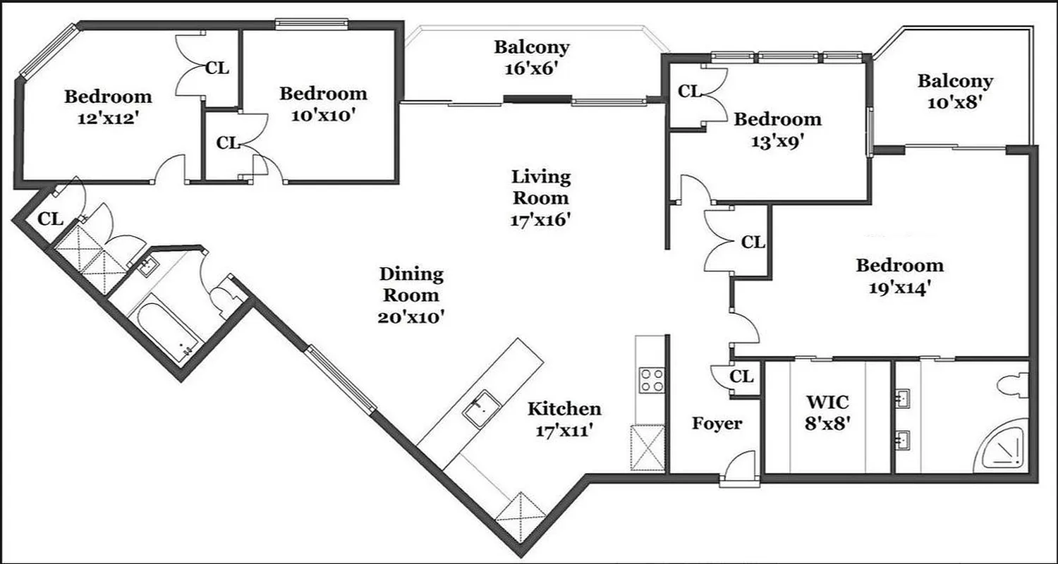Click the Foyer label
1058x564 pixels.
click(717, 424)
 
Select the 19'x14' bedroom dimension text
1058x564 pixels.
click(899, 288)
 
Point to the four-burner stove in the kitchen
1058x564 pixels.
click(650, 381)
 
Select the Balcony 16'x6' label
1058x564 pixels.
click(531, 59)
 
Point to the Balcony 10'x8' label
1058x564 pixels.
click(955, 91)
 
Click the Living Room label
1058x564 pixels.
click(540, 198)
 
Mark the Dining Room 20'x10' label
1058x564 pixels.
click(411, 295)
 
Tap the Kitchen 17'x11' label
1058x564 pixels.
click(565, 419)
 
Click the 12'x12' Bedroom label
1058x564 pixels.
click(108, 106)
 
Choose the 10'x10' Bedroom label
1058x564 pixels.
click(323, 104)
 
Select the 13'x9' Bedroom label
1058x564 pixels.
click(777, 130)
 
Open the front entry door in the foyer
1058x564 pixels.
click(739, 470)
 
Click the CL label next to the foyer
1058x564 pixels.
click(741, 376)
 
